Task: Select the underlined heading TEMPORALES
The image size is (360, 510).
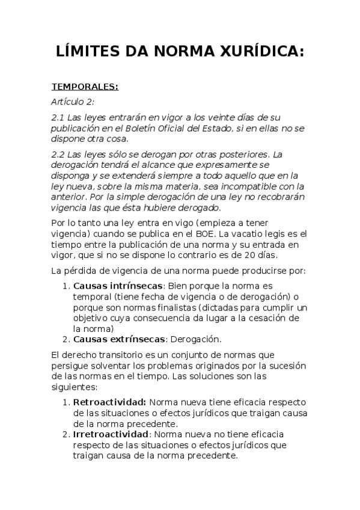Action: [85, 87]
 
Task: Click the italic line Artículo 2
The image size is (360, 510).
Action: [73, 102]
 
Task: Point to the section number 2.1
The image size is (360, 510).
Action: [59, 117]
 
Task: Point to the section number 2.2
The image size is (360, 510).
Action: [59, 153]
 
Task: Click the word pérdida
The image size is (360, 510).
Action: [81, 270]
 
